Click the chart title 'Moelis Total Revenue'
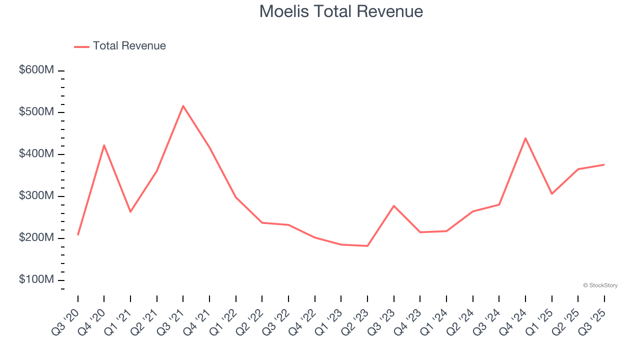point(341,11)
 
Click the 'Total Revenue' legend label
point(129,46)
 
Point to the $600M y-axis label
point(36,70)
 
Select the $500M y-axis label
point(36,112)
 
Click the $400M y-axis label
point(36,154)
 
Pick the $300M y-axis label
point(36,196)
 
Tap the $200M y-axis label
point(36,238)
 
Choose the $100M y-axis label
point(36,279)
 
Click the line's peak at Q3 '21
point(183,105)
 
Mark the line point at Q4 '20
point(104,145)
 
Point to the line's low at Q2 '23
point(367,246)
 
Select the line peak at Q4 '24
point(525,138)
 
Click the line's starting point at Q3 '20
point(78,234)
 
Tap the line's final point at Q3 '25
point(604,164)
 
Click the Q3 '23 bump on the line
point(394,205)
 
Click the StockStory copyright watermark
point(600,285)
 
